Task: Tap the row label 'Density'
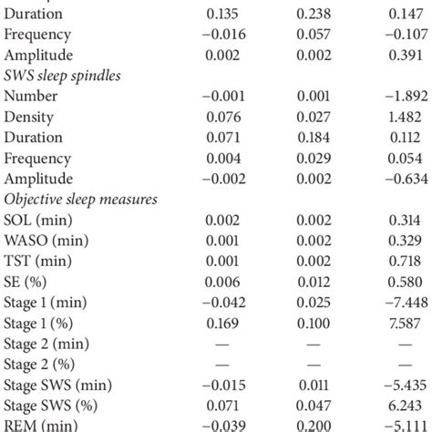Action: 28,117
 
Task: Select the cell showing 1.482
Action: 400,117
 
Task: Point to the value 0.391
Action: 400,55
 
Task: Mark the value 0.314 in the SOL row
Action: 400,220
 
